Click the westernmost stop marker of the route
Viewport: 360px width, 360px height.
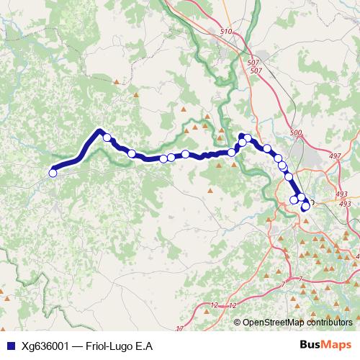(53, 172)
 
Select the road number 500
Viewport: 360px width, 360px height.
(295, 133)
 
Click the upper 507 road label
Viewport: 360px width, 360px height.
(253, 63)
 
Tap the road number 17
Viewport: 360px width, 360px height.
(179, 329)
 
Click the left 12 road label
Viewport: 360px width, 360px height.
(213, 306)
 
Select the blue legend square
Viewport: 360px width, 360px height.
(8, 346)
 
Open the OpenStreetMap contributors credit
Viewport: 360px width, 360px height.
(298, 323)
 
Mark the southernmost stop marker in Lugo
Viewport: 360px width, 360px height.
(305, 207)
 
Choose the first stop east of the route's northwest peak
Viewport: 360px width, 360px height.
(107, 138)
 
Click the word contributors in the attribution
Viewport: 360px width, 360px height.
(330, 323)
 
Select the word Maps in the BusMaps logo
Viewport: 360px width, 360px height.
(338, 345)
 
